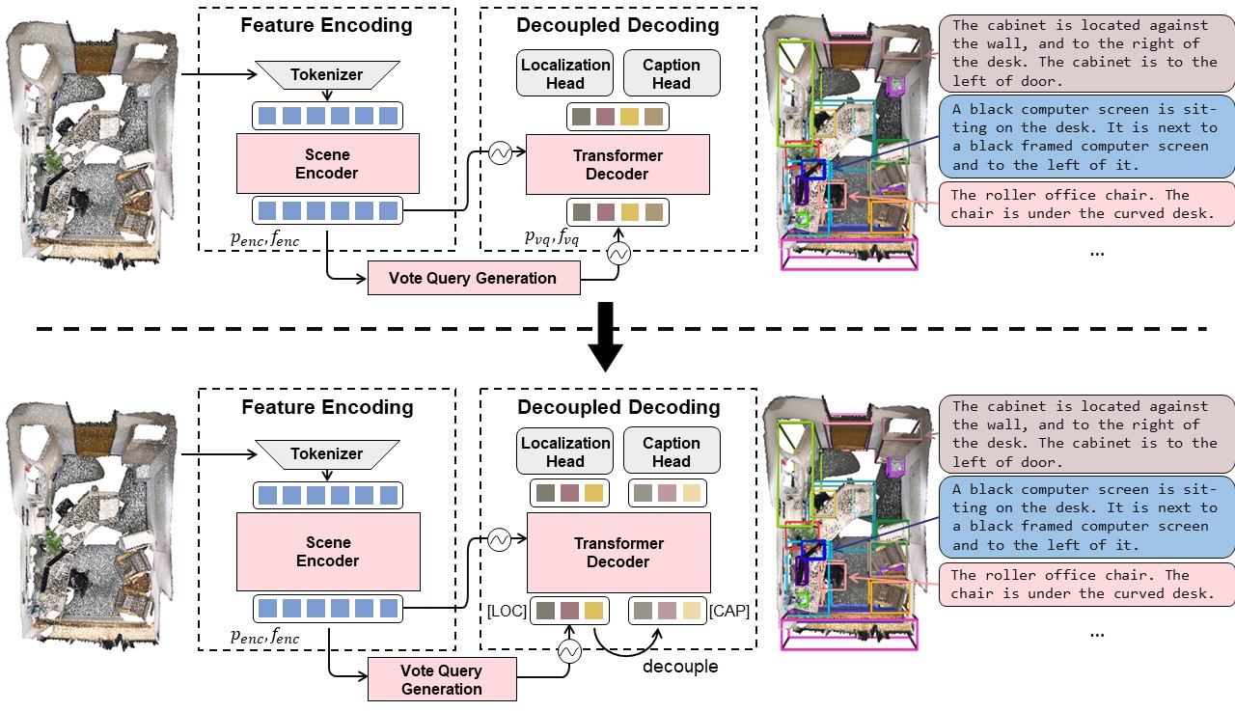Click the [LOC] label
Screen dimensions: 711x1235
point(508,611)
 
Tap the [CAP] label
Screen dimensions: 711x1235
point(729,611)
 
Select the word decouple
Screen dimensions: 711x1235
point(680,667)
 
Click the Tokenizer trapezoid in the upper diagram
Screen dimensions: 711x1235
point(327,74)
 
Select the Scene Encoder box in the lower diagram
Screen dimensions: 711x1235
point(328,552)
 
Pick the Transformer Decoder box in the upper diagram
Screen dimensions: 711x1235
point(617,165)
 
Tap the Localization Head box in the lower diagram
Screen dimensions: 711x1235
point(565,451)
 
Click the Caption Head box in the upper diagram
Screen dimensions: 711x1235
point(672,74)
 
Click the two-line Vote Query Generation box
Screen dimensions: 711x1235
point(442,679)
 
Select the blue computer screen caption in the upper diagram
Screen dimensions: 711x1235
point(1085,137)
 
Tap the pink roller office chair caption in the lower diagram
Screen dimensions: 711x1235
point(1085,585)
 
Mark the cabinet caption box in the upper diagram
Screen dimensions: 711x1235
point(1085,53)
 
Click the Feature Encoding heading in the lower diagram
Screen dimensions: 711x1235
point(327,407)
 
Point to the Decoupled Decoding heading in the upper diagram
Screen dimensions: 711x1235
point(617,26)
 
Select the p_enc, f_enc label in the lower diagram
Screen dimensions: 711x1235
point(264,637)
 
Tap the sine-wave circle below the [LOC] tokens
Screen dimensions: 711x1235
point(568,652)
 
